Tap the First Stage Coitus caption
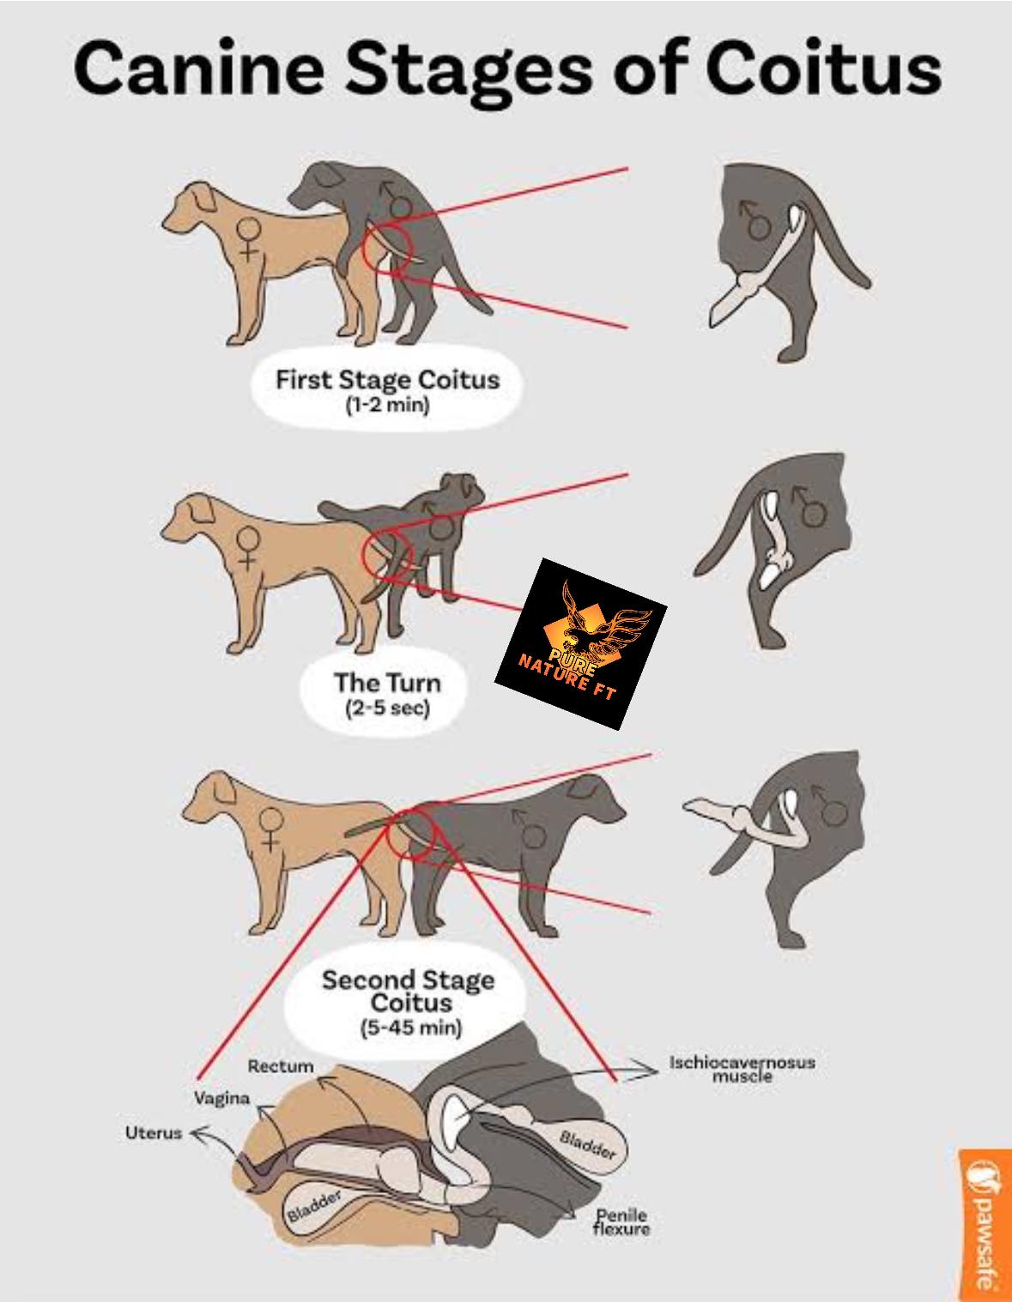click(x=387, y=380)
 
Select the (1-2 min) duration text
click(x=387, y=405)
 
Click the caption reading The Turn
click(x=387, y=683)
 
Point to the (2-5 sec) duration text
click(x=387, y=708)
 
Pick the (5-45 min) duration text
click(x=411, y=1028)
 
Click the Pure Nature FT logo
click(x=580, y=643)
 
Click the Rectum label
click(x=281, y=1066)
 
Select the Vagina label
click(x=221, y=1098)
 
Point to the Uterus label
click(x=154, y=1132)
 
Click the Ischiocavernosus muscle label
click(x=742, y=1069)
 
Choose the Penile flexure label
click(x=621, y=1221)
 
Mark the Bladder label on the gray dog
click(x=587, y=1144)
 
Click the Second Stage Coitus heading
click(x=409, y=991)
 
